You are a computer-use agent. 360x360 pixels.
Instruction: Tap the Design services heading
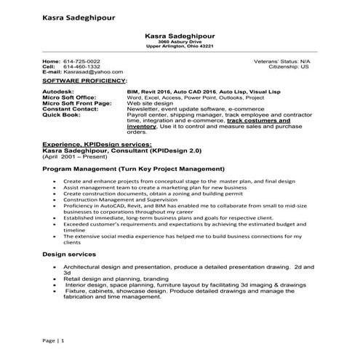[69, 255]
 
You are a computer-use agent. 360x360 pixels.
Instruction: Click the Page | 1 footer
[53, 340]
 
